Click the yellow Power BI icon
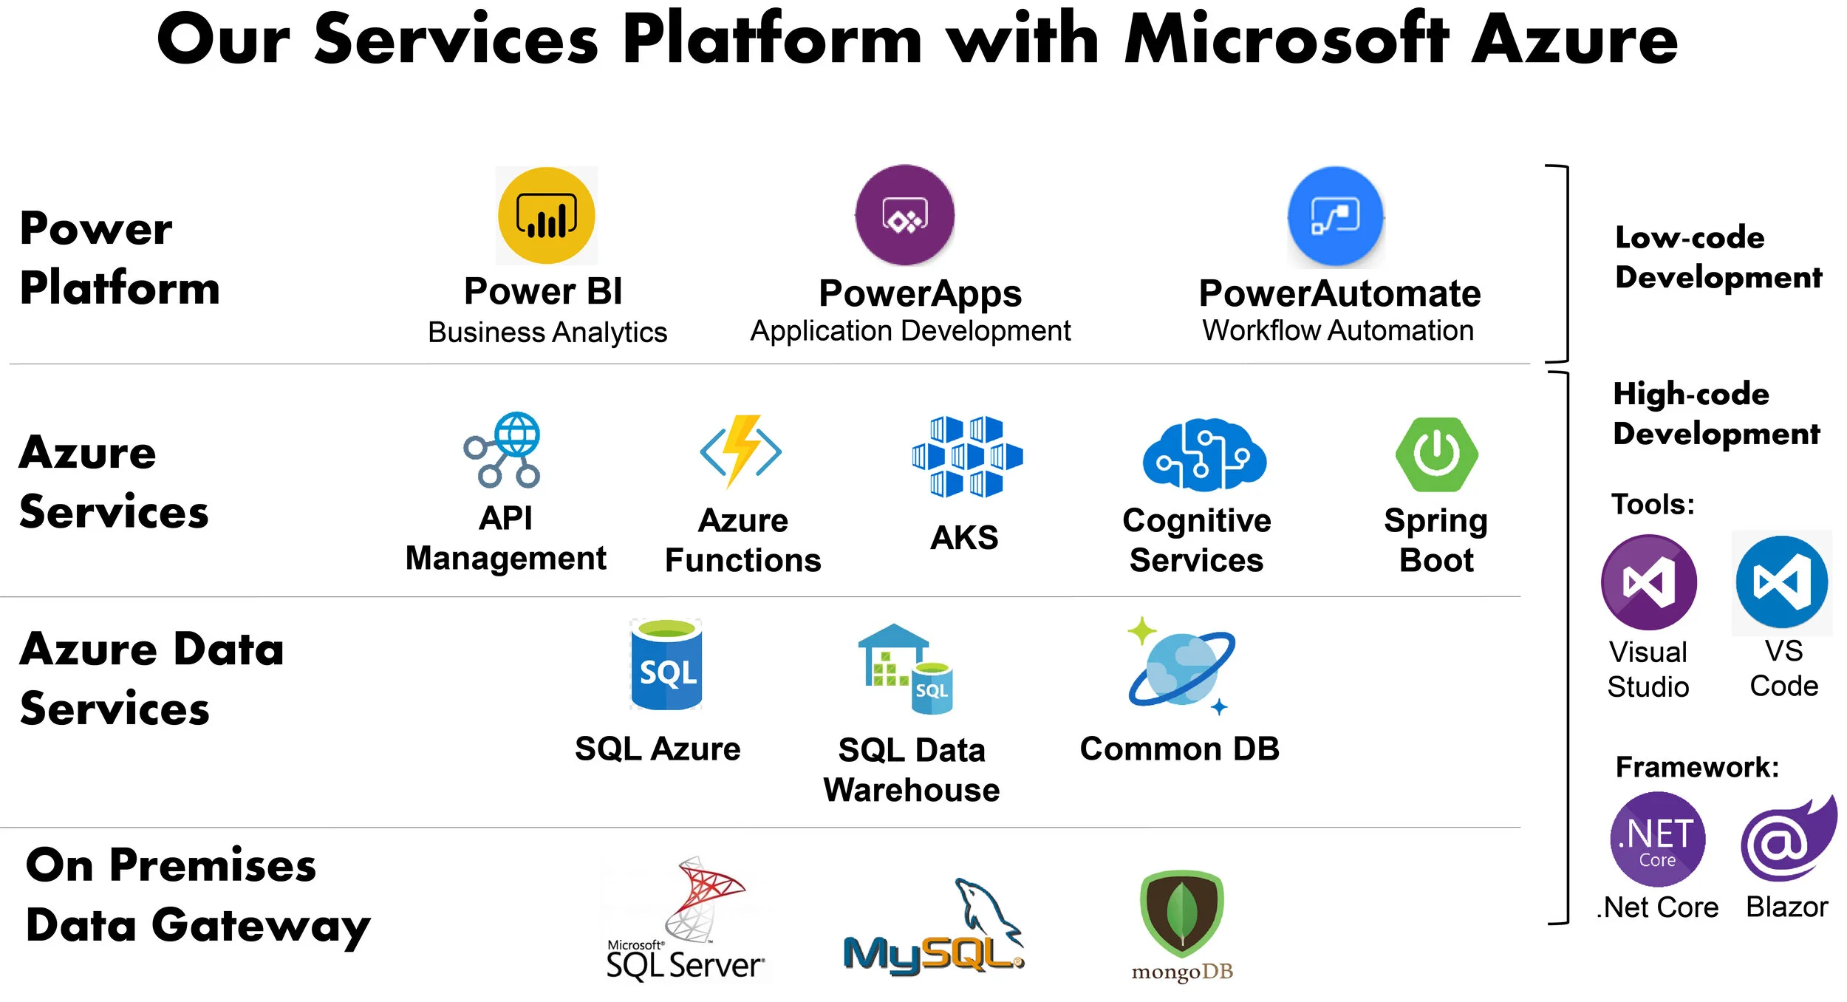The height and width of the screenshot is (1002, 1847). coord(546,215)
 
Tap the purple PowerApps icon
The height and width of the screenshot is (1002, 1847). coord(904,215)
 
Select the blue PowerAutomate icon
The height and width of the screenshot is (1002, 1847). coord(1335,216)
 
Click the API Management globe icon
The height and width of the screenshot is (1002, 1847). coord(503,449)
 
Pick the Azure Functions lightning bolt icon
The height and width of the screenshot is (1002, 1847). coord(741,451)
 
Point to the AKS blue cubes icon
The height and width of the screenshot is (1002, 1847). coord(966,455)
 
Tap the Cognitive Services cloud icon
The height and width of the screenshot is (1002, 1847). coord(1204,454)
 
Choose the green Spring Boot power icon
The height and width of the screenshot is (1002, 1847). coord(1436,454)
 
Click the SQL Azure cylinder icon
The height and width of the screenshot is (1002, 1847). coord(666,665)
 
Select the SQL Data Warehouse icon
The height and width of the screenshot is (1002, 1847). coord(906,669)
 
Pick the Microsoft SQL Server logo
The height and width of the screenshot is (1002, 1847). coord(686,920)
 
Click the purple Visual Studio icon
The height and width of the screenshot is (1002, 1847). coord(1648,582)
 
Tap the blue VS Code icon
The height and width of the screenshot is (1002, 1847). coord(1781,582)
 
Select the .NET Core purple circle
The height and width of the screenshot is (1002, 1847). coord(1657,839)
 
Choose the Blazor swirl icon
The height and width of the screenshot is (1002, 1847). coord(1787,839)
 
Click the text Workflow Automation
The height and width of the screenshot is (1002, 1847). coord(1338,330)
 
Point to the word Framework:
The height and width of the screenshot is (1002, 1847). coord(1697,767)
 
